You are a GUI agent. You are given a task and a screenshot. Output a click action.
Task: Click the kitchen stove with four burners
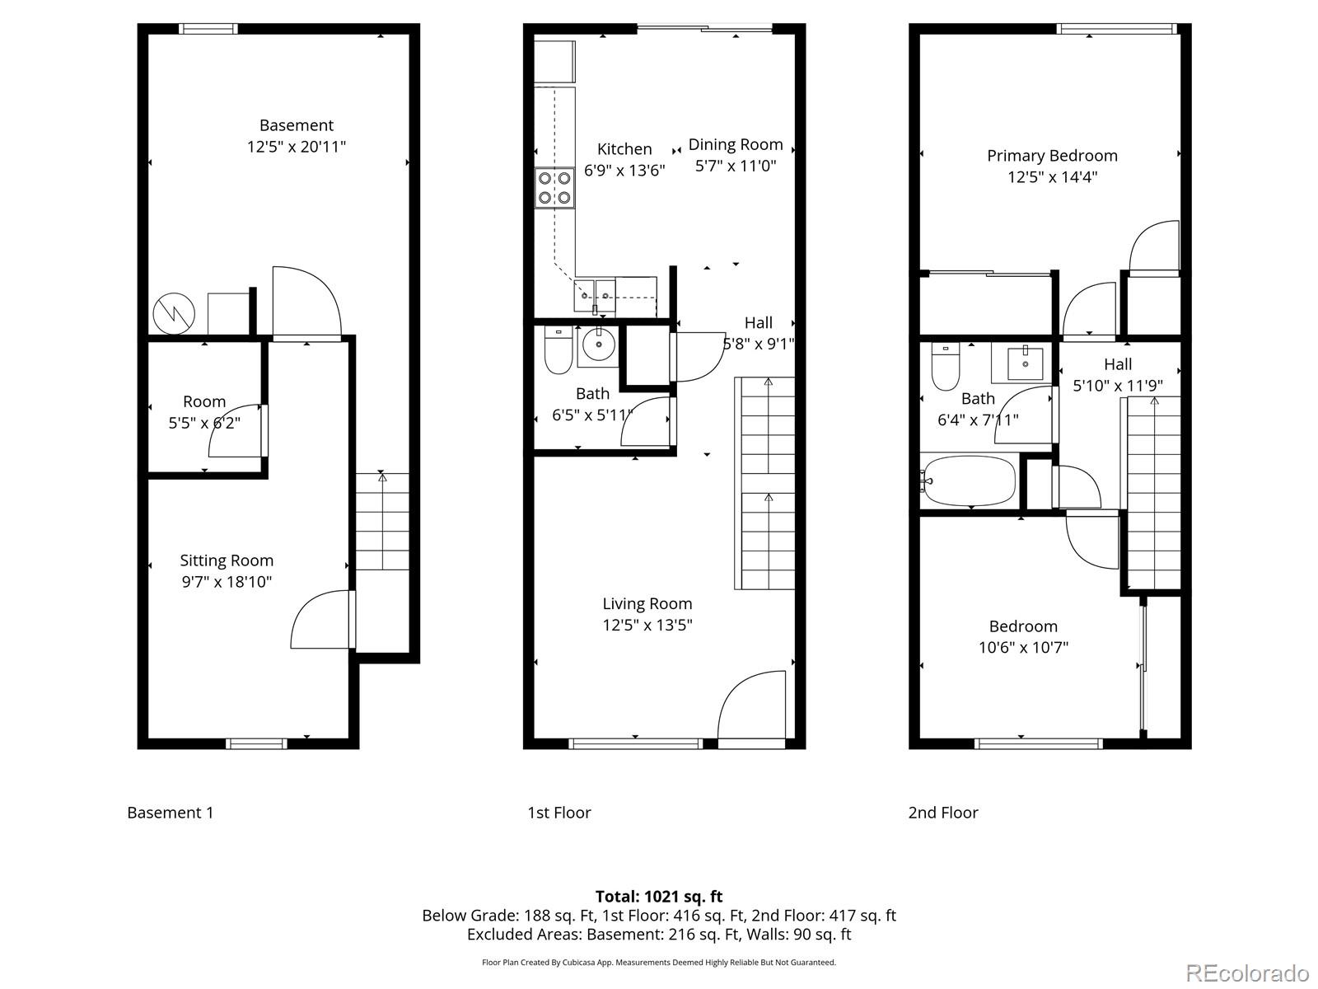point(554,187)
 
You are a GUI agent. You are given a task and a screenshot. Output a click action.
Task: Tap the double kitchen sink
point(594,291)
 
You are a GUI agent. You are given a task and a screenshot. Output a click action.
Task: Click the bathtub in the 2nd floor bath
point(970,480)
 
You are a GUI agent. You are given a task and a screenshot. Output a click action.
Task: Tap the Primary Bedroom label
point(1052,156)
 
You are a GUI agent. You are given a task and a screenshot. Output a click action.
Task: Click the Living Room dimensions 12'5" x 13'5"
point(647,625)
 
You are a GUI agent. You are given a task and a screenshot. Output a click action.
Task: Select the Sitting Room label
point(227,560)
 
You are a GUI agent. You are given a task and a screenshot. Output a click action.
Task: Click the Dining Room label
point(736,144)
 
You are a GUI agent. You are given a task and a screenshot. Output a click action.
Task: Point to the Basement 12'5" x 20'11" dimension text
point(296,147)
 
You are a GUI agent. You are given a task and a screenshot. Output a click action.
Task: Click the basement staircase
point(382,521)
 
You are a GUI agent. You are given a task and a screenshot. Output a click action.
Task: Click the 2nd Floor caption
point(942,813)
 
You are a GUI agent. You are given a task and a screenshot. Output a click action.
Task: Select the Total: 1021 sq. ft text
point(658,896)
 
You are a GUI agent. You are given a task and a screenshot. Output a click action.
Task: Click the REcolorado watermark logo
point(1247,973)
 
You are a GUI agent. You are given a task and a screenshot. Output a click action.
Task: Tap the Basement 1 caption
point(170,813)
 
